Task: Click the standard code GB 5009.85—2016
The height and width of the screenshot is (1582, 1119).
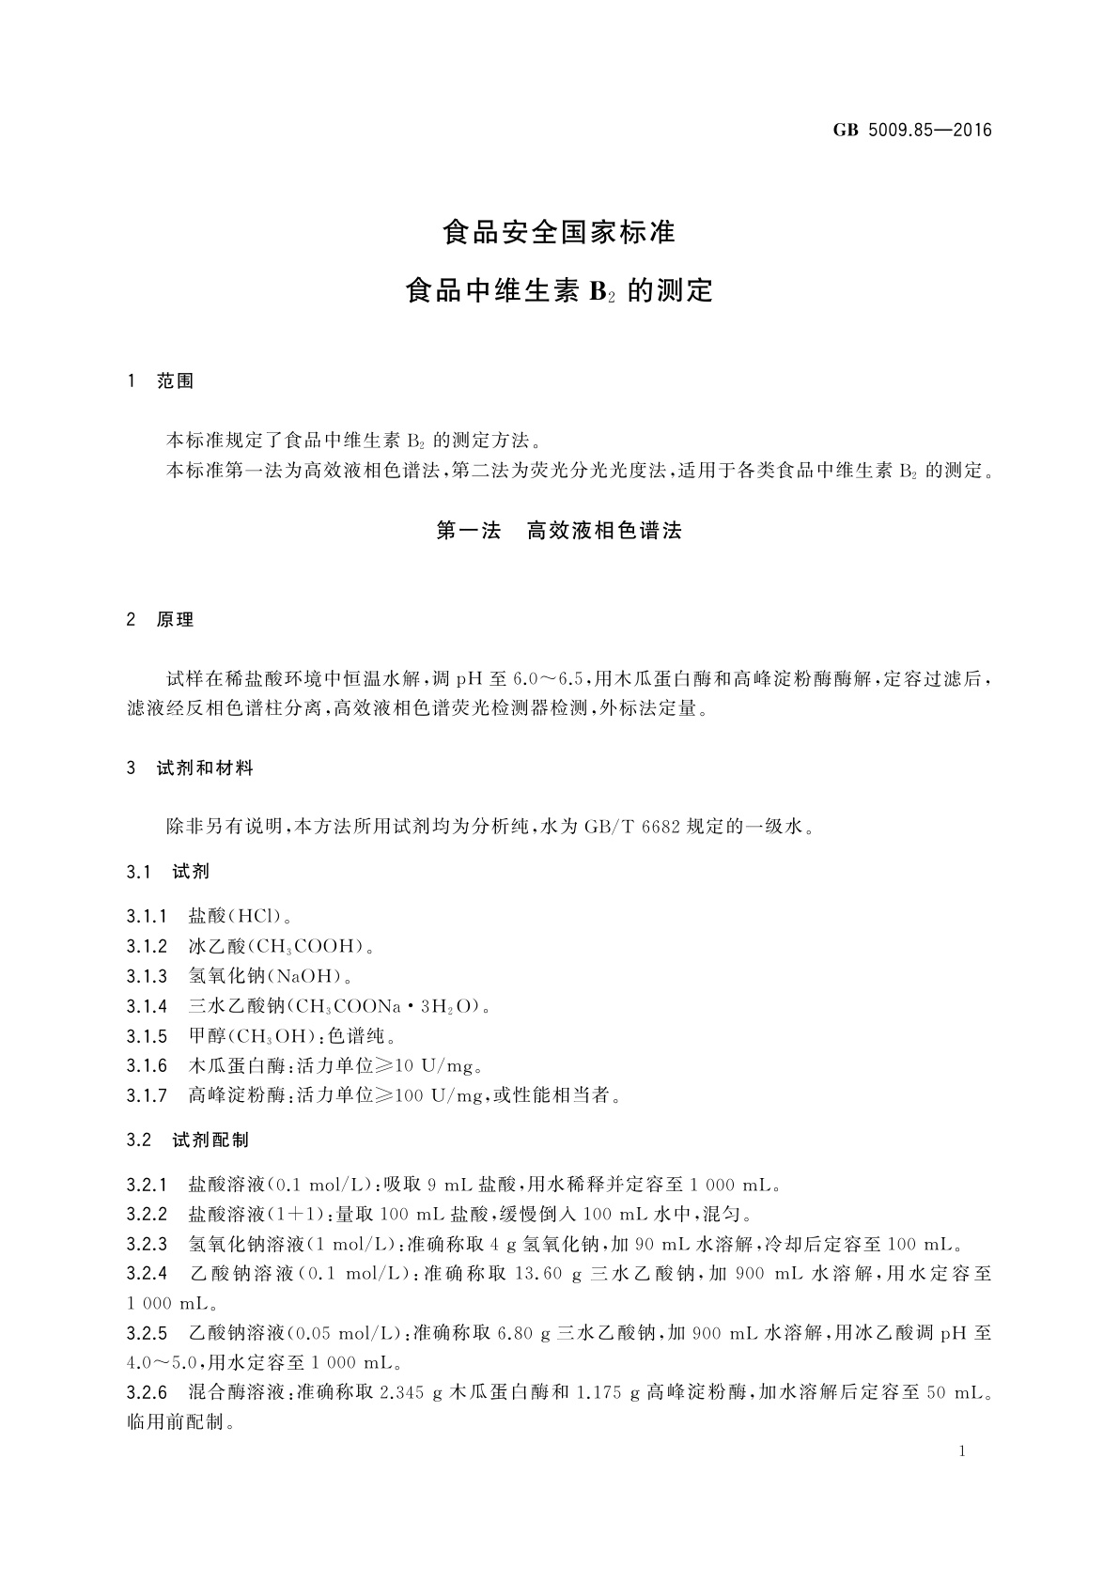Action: point(911,131)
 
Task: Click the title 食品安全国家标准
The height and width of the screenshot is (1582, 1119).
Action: point(559,232)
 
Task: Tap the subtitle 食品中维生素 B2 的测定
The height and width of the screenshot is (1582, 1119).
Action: point(559,290)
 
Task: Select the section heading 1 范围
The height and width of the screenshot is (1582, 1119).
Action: point(161,381)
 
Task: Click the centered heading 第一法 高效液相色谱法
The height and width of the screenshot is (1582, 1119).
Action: point(559,531)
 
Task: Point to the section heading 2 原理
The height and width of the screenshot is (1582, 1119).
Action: point(161,620)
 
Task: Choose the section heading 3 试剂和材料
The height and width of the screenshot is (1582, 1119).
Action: point(190,768)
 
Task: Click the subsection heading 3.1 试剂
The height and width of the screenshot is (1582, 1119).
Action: point(168,872)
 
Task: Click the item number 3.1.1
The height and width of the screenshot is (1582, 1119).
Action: point(147,916)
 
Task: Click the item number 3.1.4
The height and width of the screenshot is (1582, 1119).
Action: point(147,1006)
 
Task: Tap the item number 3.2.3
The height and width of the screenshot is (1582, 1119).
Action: point(147,1245)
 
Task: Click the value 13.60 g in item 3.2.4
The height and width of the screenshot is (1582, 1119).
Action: point(555,1275)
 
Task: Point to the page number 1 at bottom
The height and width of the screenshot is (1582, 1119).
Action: point(962,1451)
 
